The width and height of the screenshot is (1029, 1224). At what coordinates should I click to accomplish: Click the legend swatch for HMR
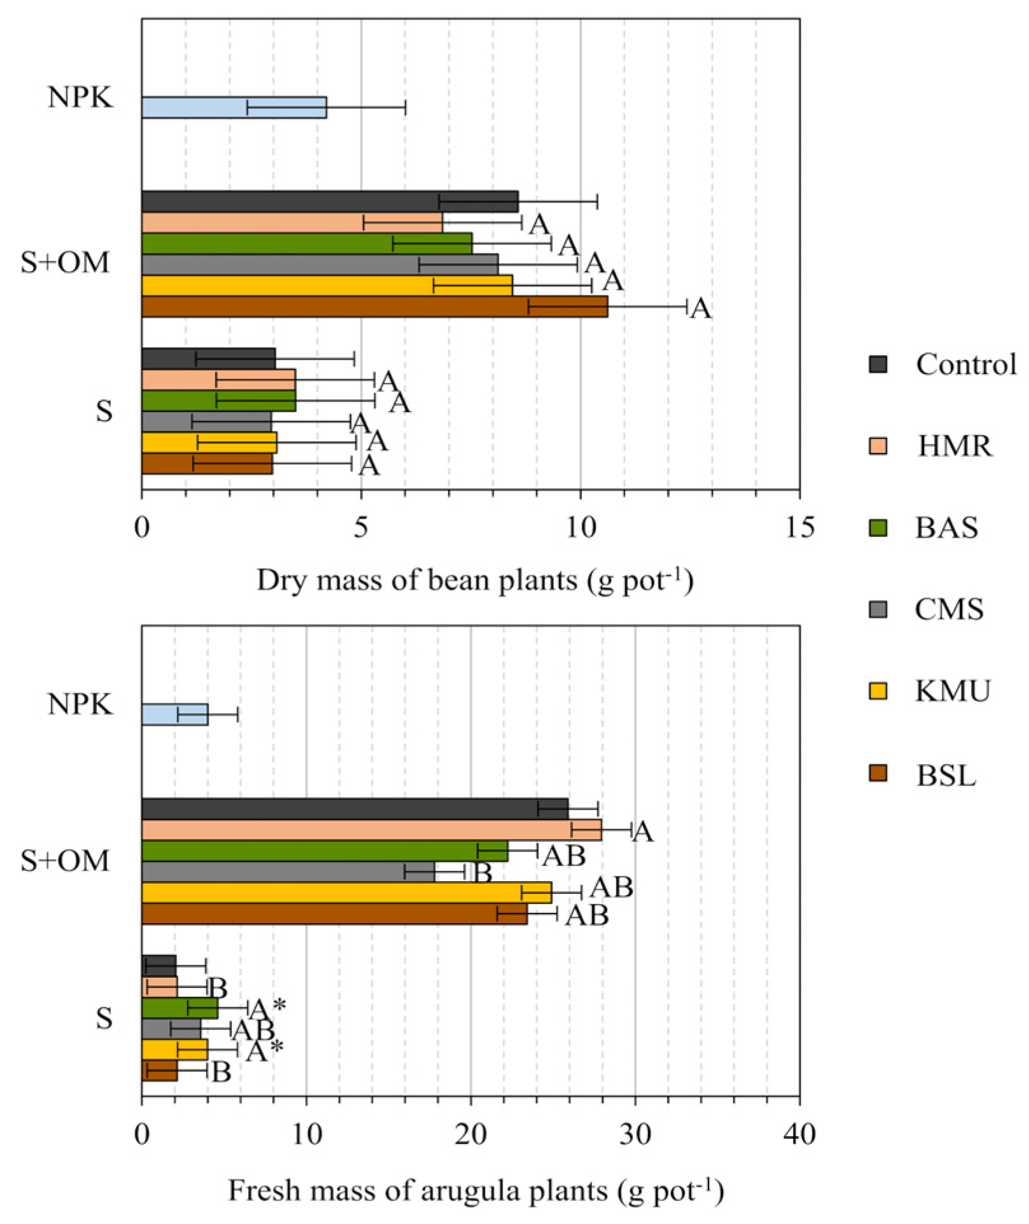[x=878, y=446]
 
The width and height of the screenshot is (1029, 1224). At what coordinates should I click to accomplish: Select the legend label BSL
[x=946, y=775]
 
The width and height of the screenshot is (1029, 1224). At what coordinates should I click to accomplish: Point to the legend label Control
[x=965, y=365]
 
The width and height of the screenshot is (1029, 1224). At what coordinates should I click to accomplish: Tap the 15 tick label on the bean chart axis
[x=799, y=527]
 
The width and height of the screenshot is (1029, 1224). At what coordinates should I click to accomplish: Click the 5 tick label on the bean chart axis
[x=361, y=527]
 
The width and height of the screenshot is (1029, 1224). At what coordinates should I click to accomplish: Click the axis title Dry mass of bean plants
[x=474, y=580]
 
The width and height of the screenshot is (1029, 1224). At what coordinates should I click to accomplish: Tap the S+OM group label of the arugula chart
[x=65, y=861]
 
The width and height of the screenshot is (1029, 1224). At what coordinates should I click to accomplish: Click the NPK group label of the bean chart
[x=80, y=97]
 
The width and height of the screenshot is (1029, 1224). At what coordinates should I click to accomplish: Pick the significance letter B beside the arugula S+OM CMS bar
[x=483, y=873]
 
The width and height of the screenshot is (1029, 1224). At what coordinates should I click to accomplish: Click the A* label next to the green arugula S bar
[x=268, y=1009]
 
